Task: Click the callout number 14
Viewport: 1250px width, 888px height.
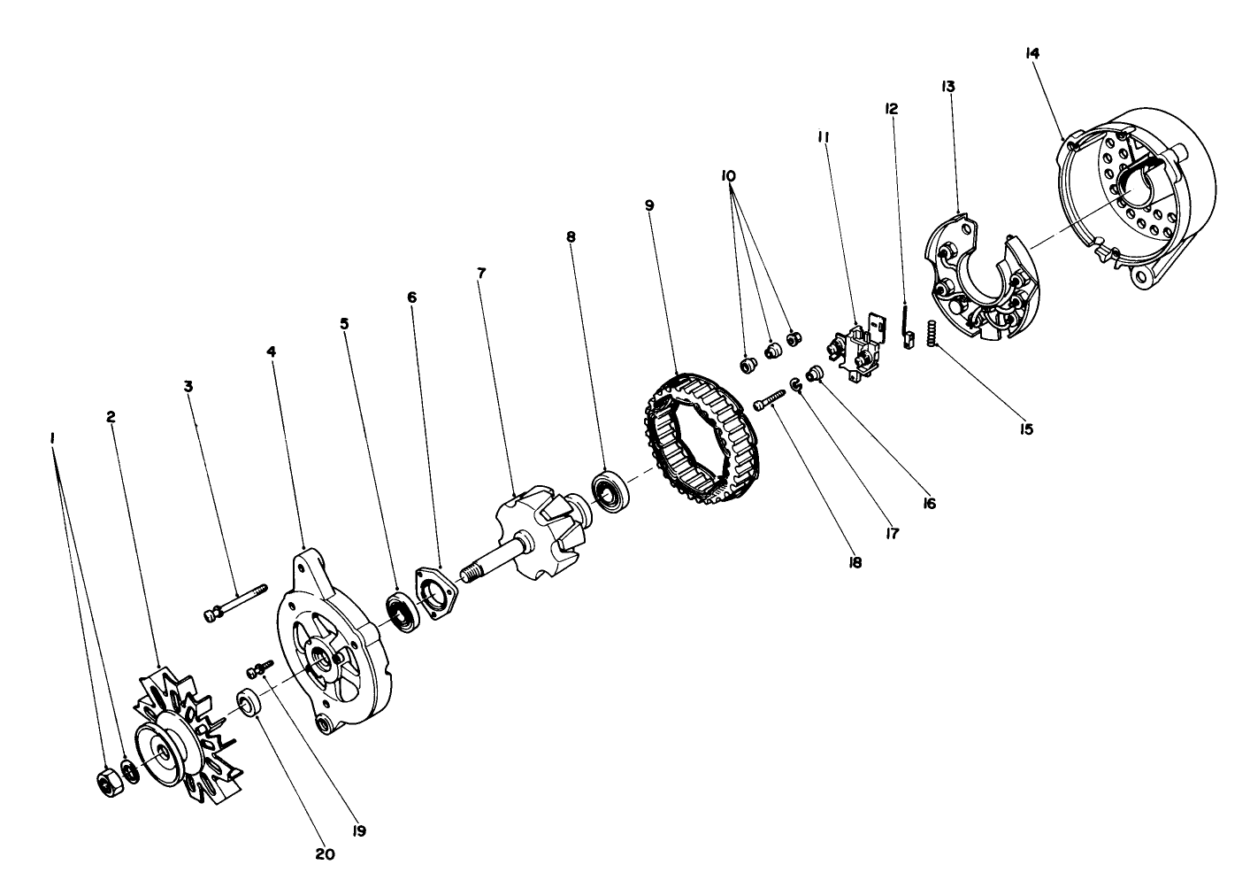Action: pyautogui.click(x=1031, y=52)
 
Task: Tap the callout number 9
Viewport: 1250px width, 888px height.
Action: pyautogui.click(x=649, y=205)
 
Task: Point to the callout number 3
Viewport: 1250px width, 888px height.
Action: pyautogui.click(x=188, y=386)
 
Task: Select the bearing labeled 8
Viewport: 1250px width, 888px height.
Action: pyautogui.click(x=609, y=492)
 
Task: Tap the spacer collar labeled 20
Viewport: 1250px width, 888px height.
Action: pyautogui.click(x=248, y=702)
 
